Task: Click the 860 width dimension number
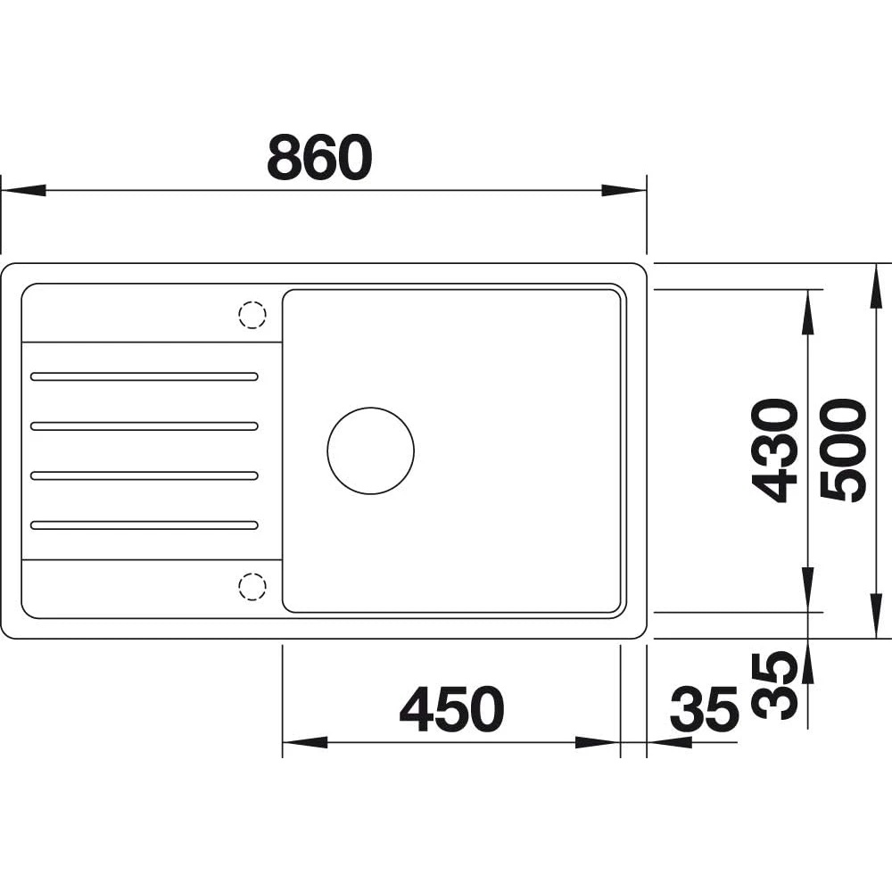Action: point(319,157)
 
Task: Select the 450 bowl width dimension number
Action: point(452,709)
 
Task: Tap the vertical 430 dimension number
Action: point(775,450)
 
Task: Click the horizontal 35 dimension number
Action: point(705,709)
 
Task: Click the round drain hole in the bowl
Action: point(370,450)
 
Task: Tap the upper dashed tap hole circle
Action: point(252,315)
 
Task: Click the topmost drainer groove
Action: point(145,376)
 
